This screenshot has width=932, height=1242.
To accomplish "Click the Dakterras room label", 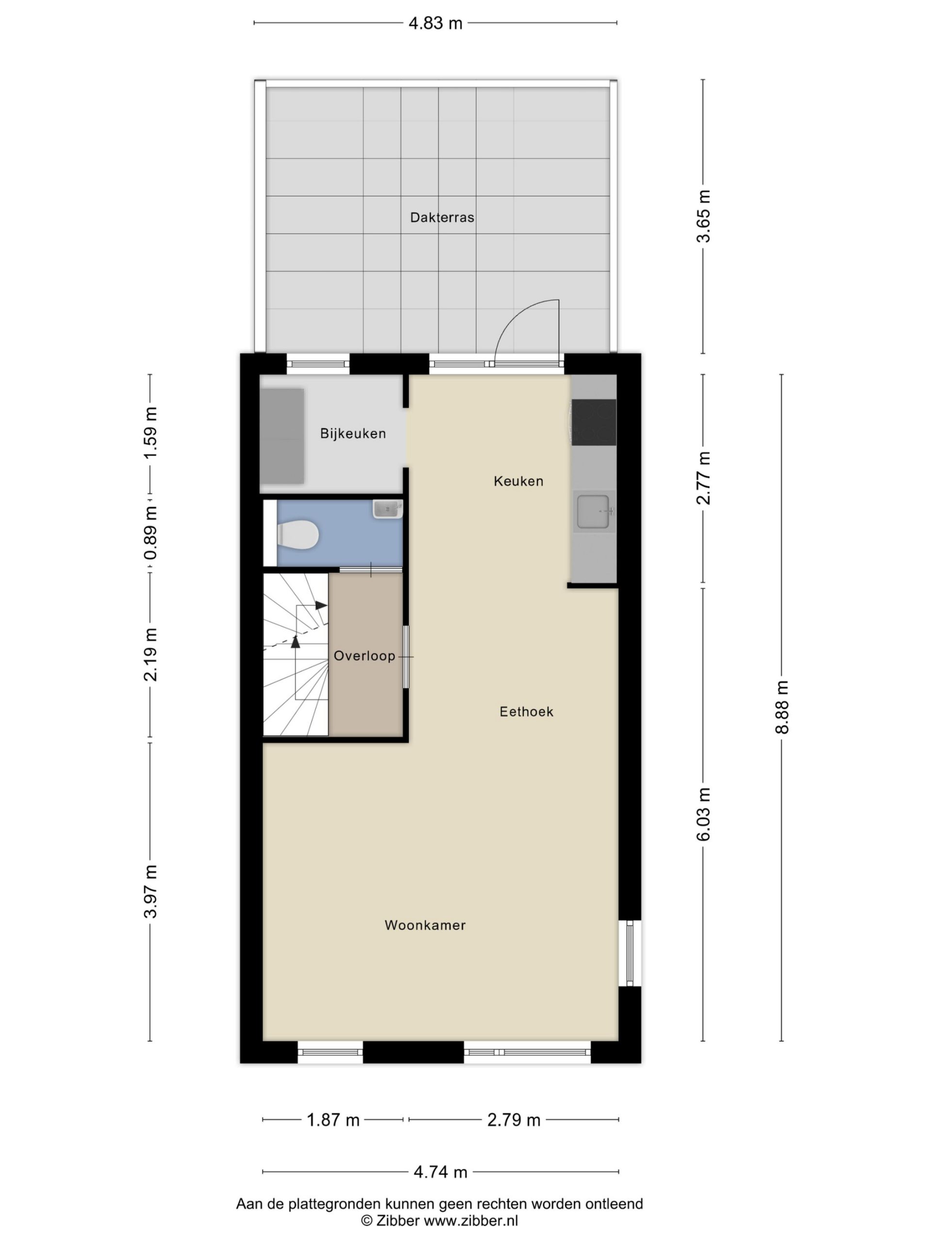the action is (x=442, y=217).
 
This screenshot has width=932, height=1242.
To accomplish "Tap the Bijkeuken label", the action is (x=353, y=433).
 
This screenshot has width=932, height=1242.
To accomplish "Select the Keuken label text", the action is (x=518, y=481).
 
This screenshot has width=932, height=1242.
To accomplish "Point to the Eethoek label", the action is (x=526, y=712).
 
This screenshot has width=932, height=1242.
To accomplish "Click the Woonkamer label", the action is (x=425, y=925).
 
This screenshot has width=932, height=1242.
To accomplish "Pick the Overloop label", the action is (x=364, y=656).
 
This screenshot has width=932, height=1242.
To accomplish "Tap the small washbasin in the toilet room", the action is (x=388, y=509).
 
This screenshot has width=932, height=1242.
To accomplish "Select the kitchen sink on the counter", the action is (x=594, y=512).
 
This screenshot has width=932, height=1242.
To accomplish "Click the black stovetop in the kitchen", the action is (x=593, y=421).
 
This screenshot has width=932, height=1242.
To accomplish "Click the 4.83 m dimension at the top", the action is (x=435, y=23).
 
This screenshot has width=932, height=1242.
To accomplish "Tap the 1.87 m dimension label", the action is (x=333, y=1120).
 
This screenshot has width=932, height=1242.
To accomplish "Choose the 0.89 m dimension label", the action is (x=150, y=533).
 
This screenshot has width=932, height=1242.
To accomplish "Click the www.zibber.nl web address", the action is (x=471, y=1220).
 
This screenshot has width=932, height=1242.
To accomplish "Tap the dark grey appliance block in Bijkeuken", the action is (x=282, y=436).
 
